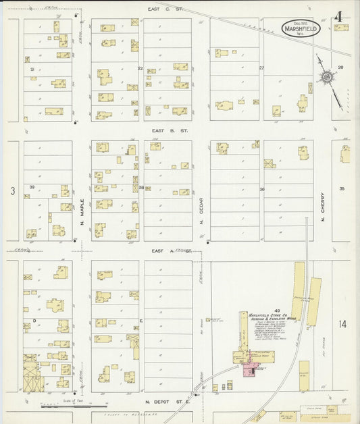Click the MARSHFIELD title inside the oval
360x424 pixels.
tap(299, 28)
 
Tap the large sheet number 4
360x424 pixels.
tap(338, 16)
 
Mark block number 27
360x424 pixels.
tap(261, 68)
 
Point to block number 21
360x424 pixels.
tap(32, 69)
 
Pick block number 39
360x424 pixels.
tap(32, 187)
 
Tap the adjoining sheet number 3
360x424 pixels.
tap(12, 192)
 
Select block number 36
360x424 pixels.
tap(261, 190)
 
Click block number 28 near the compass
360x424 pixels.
tap(340, 67)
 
